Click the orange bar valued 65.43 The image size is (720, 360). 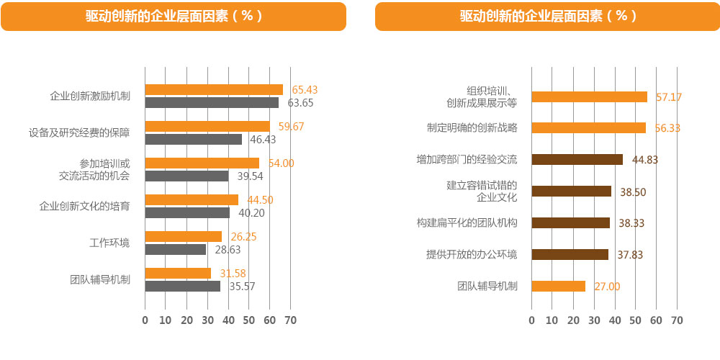tap(214, 89)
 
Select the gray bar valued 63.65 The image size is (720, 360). tap(212, 102)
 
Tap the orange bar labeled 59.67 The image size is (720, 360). tap(207, 126)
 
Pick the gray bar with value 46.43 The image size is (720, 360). tap(194, 139)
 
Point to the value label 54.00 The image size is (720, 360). tap(281, 163)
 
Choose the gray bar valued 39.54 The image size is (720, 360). tap(186, 176)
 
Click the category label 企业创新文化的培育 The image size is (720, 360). tap(84, 206)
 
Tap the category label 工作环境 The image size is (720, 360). tap(109, 243)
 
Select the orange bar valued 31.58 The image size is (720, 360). tap(178, 273)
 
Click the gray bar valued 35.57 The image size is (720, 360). tap(182, 286)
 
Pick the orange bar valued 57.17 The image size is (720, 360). tap(589, 96)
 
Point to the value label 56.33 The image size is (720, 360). tap(667, 127)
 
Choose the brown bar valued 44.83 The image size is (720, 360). tap(577, 159)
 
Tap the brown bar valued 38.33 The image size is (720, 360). tap(570, 222)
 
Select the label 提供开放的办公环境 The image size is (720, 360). tap(472, 254)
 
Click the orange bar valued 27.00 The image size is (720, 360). tap(558, 286)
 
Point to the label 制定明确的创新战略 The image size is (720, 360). tap(472, 127)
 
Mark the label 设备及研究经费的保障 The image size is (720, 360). tap(79, 132)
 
